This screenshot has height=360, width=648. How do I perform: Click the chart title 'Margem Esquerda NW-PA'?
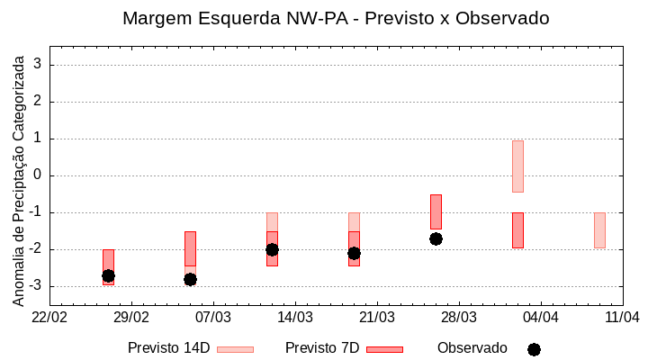point(335,18)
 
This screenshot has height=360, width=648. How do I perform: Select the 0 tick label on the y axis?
point(38,175)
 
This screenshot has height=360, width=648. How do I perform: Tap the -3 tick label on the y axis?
point(34,286)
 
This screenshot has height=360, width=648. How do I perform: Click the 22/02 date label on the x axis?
point(49,317)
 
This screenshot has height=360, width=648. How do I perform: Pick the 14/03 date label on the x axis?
point(294,317)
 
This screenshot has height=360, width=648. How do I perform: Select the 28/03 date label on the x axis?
point(458,317)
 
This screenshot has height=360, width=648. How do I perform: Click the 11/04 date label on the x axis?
point(621,317)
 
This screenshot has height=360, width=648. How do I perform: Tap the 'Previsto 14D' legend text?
point(168,348)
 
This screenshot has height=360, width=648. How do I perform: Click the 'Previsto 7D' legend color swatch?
point(384,349)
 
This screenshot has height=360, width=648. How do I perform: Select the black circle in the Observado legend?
point(534,349)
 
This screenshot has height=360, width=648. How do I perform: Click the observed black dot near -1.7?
point(436,238)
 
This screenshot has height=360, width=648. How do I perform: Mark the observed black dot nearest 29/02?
point(108,275)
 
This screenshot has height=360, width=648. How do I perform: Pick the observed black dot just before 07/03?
point(190,279)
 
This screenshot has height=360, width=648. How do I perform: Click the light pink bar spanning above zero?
point(517,166)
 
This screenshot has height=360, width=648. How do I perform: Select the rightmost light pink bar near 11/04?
point(599,230)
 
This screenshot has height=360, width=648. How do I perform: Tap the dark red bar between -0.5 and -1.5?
point(436,211)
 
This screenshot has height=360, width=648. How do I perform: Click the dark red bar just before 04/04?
point(517,230)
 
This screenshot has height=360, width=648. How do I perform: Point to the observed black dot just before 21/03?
point(354,253)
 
